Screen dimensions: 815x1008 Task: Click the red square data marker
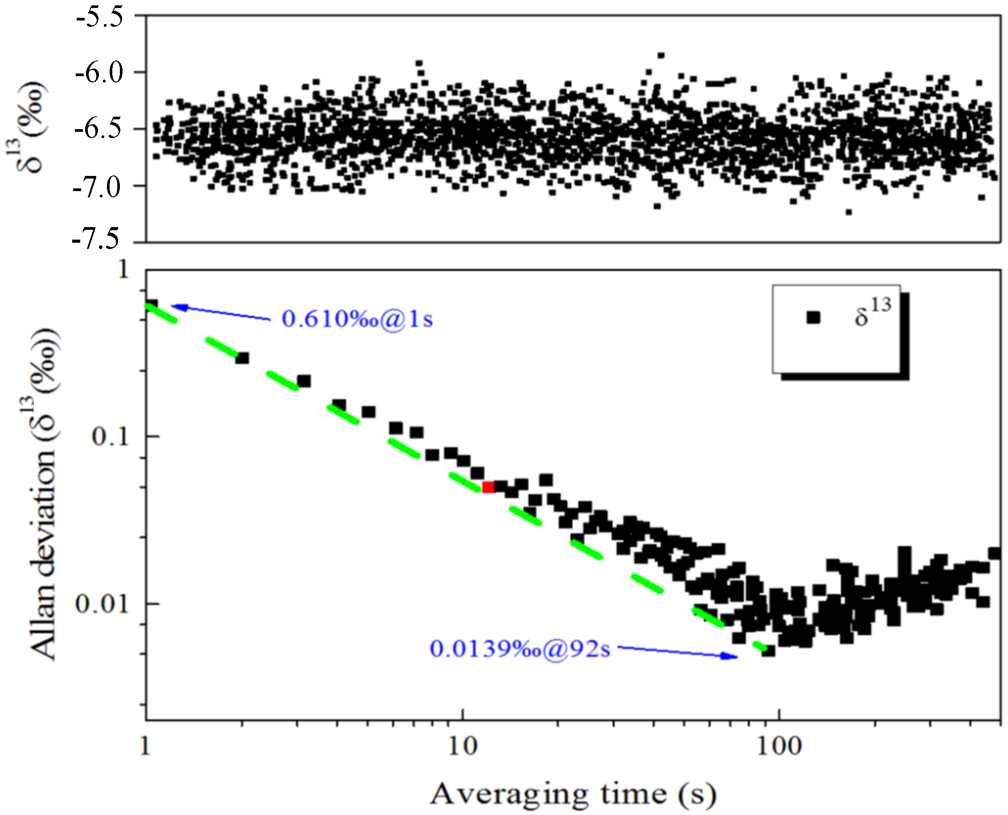click(488, 487)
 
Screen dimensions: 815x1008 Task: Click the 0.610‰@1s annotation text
click(357, 319)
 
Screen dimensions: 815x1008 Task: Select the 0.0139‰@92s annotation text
click(520, 649)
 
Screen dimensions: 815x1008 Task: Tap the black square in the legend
click(813, 318)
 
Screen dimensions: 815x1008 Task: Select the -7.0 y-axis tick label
click(98, 186)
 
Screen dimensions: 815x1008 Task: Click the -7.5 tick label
click(98, 240)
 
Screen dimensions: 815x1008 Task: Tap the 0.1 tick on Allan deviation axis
click(110, 436)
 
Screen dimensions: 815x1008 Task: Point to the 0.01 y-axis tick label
click(102, 604)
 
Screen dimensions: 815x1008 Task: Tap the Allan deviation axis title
click(45, 493)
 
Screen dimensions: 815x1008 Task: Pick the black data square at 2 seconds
click(242, 358)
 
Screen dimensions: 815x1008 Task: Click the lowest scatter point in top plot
click(849, 212)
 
